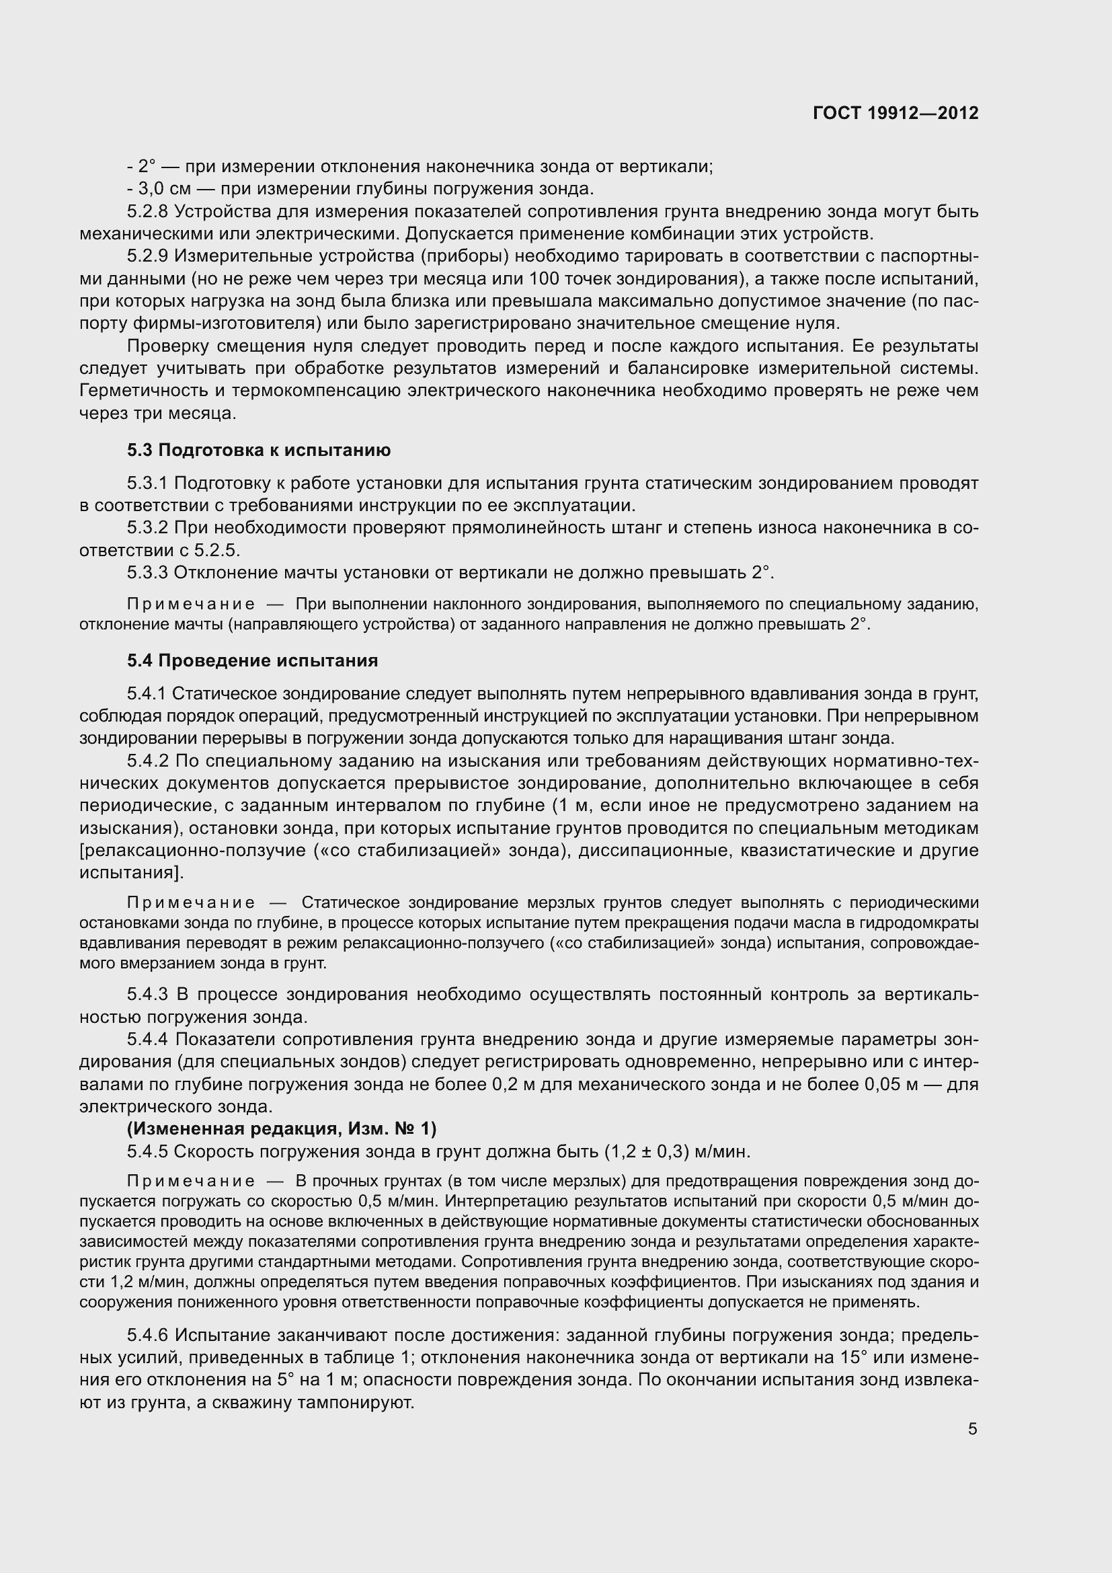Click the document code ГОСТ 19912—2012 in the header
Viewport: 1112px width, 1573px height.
click(896, 113)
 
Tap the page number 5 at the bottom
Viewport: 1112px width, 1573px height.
click(972, 1429)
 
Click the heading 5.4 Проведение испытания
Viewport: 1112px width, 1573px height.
click(252, 660)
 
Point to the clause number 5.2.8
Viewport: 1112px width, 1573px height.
click(147, 212)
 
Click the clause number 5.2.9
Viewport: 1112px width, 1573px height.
click(147, 256)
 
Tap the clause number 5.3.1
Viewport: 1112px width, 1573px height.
click(147, 484)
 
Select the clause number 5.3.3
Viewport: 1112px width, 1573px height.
click(147, 572)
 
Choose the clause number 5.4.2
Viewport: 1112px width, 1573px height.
click(147, 761)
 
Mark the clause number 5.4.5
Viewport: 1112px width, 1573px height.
click(147, 1151)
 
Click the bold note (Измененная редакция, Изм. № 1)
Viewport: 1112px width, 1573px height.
click(282, 1128)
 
